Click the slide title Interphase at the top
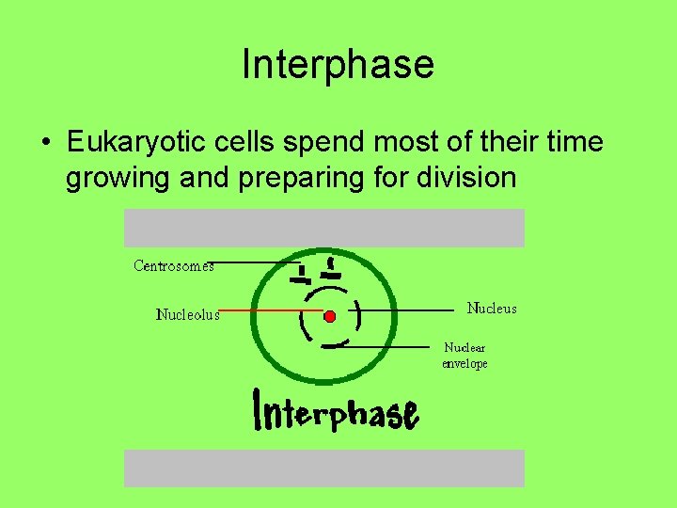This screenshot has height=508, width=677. [338, 65]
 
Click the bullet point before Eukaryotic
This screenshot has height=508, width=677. [45, 144]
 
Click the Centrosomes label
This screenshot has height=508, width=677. [174, 266]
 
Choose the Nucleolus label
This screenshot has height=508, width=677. [187, 315]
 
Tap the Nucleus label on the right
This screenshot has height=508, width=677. [492, 309]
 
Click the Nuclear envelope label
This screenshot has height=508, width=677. [465, 356]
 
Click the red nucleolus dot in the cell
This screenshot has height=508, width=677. [329, 316]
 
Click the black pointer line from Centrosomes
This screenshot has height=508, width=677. [254, 262]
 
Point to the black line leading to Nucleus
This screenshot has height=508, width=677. [409, 309]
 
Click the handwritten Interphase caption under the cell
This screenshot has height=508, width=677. [337, 411]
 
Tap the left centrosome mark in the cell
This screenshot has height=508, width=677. [300, 276]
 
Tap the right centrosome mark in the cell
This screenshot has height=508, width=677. [330, 270]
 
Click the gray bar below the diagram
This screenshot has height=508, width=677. [324, 468]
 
